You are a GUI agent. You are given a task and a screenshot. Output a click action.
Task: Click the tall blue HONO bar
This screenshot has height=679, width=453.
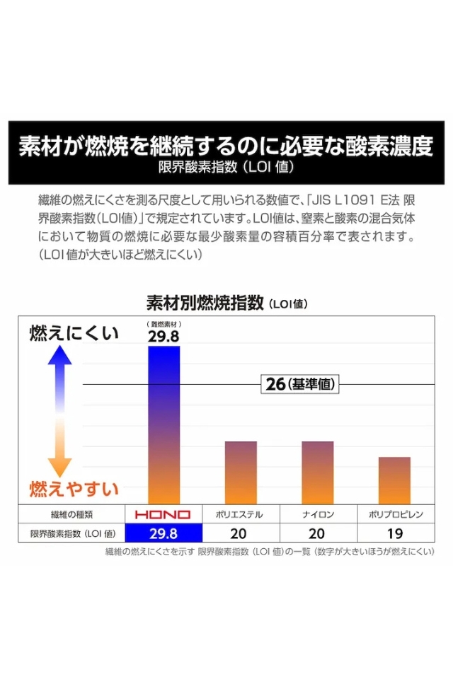click(164, 424)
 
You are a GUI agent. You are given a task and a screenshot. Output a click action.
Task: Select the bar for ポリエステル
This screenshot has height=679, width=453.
click(241, 472)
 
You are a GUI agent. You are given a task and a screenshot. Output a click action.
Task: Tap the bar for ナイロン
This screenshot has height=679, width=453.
click(317, 472)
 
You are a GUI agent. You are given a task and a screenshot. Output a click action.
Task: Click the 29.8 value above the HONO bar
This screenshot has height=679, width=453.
click(164, 336)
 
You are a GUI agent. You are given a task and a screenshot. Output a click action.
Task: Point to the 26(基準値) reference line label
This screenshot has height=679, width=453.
click(301, 384)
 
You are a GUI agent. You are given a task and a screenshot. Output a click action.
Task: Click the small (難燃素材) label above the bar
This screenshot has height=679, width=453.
click(164, 324)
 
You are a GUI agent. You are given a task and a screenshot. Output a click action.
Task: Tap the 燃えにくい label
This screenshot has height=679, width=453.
click(74, 334)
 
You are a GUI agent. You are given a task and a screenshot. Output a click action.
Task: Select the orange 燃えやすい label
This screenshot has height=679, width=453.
click(74, 489)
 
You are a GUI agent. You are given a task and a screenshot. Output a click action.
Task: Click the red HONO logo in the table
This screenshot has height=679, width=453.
click(164, 514)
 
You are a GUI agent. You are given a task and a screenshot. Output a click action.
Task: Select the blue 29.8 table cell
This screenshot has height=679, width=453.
click(164, 533)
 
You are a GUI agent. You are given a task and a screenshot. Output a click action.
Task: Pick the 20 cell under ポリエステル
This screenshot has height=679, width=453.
click(241, 533)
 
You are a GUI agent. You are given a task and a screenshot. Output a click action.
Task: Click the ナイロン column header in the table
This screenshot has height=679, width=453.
click(318, 514)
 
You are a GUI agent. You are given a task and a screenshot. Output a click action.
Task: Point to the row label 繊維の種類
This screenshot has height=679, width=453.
click(71, 514)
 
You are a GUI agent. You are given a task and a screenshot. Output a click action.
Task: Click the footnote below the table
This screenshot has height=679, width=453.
click(269, 551)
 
